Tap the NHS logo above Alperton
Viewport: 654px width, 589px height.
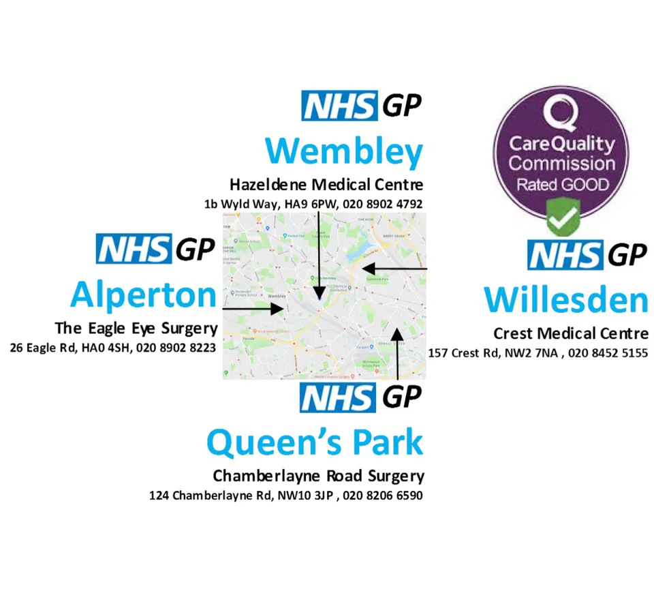133,249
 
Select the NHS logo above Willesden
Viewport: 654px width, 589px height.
565,255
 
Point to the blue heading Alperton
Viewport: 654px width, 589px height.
143,295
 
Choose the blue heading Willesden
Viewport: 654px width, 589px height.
565,301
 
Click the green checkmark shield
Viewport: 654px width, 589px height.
563,216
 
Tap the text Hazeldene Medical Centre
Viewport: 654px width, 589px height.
326,184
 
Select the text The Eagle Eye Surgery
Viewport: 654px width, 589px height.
136,328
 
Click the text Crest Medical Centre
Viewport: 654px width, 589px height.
571,333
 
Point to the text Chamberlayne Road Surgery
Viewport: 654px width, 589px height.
318,475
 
